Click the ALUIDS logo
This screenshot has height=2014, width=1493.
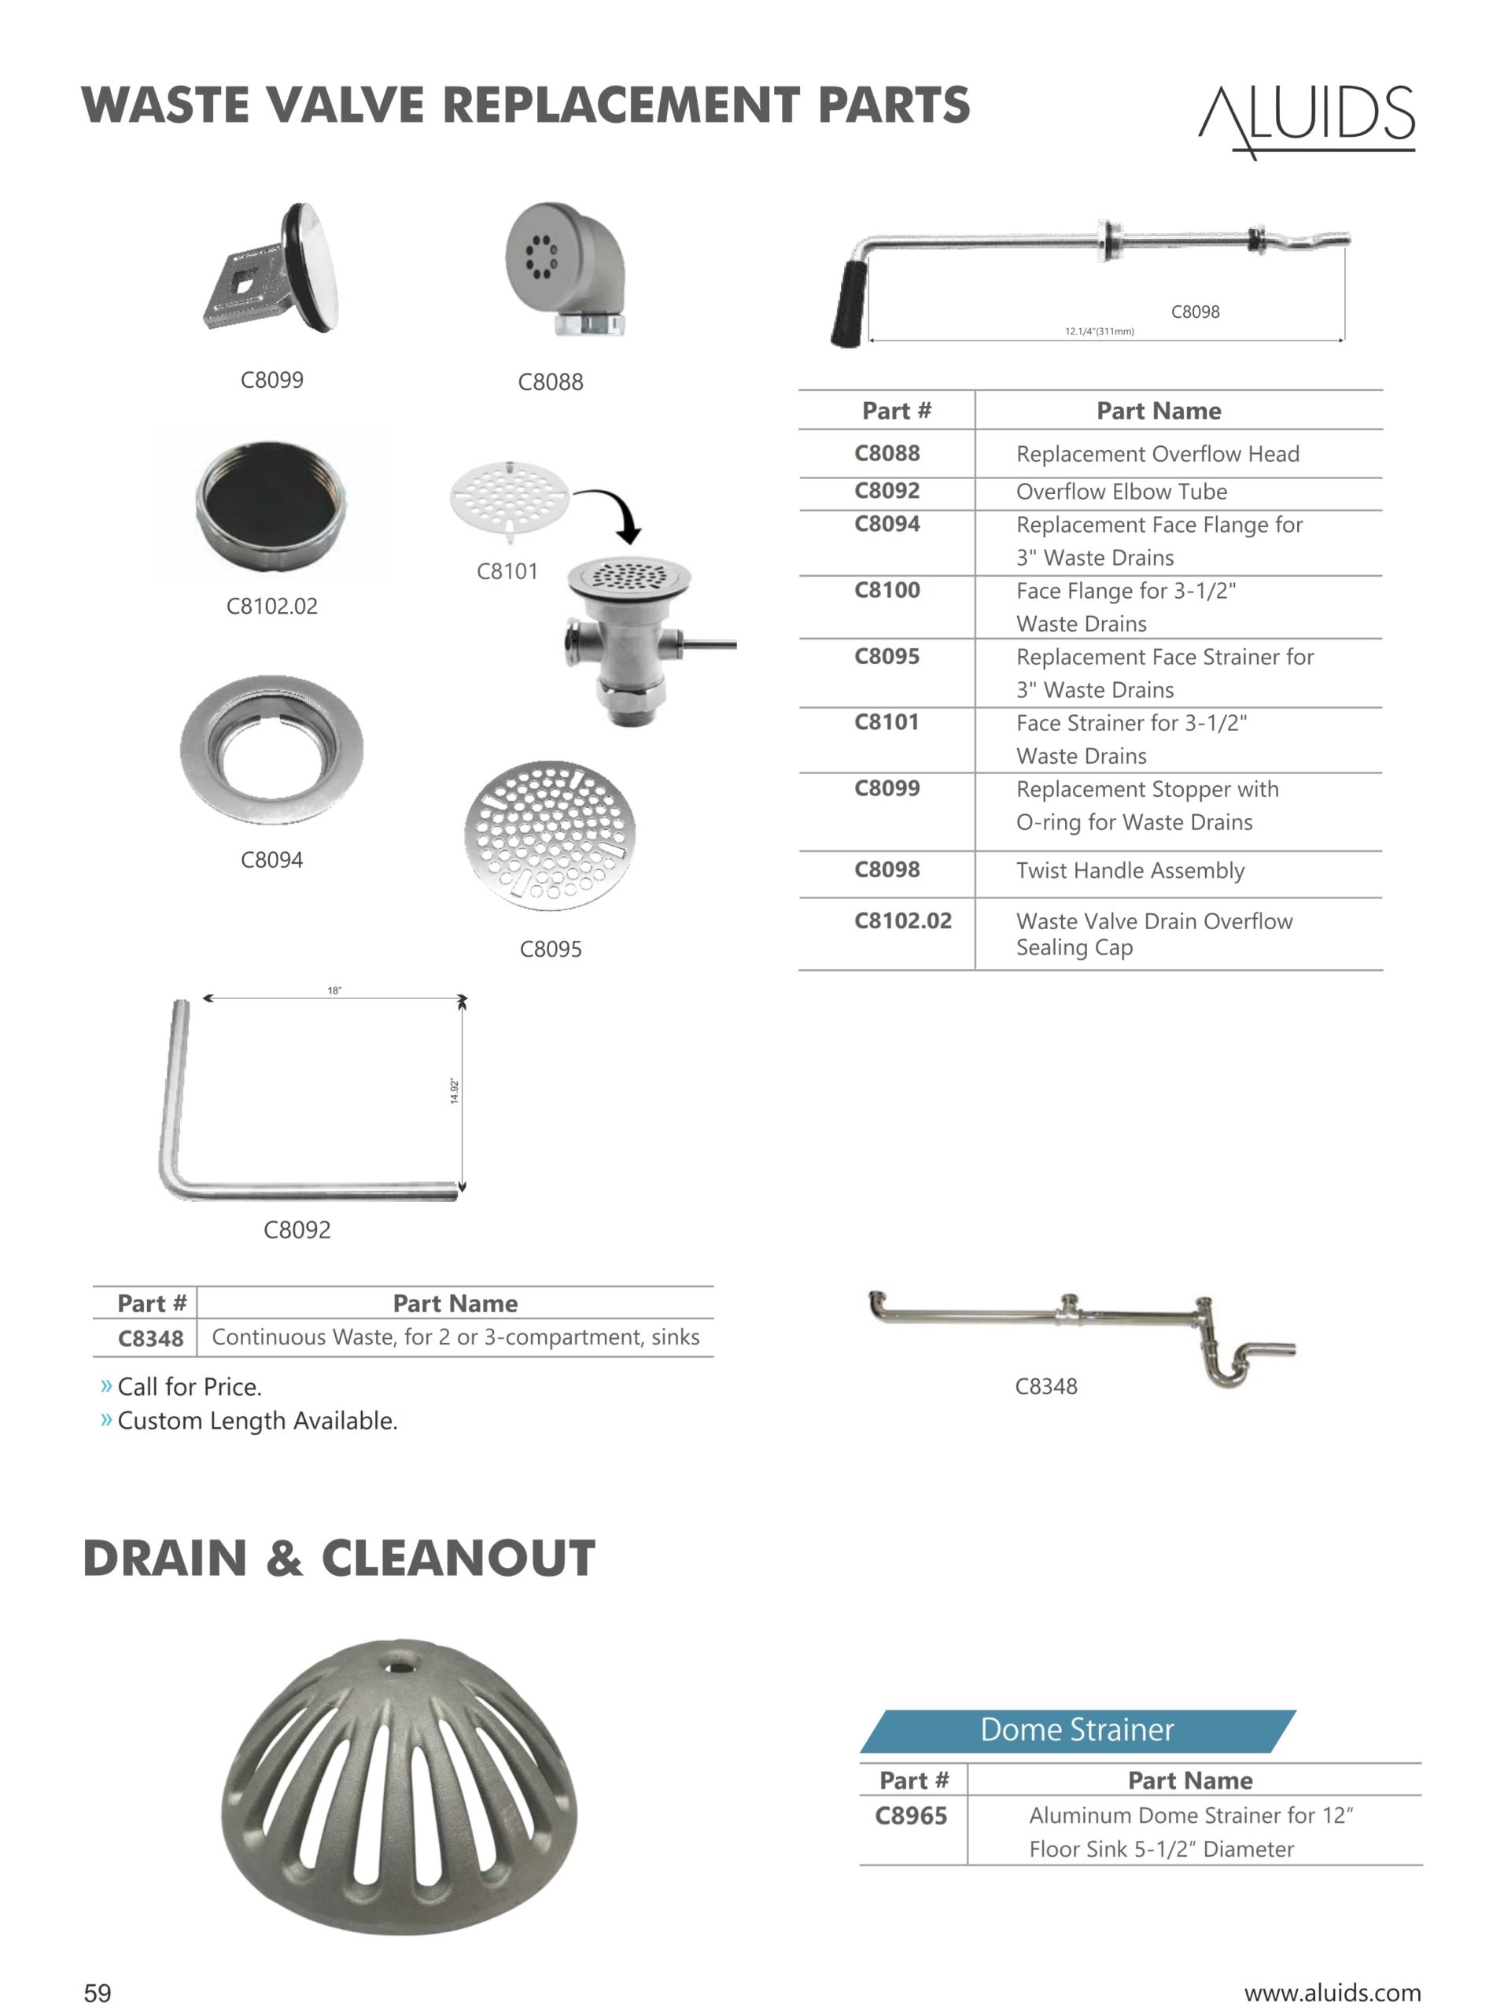[1307, 120]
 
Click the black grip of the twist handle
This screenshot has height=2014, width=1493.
[850, 304]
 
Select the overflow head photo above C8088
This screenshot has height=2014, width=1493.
[565, 269]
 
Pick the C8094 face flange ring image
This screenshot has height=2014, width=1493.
[272, 748]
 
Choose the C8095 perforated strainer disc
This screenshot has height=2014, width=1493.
[550, 835]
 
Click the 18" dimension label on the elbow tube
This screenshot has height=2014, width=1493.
[334, 990]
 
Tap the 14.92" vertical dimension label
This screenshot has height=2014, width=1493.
[455, 1091]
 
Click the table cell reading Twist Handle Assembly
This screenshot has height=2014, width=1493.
[1130, 870]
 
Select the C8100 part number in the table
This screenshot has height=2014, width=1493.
[887, 590]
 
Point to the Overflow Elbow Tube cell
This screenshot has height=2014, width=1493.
[1122, 492]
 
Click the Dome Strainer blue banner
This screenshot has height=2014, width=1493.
[1078, 1729]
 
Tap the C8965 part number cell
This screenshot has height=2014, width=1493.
[911, 1815]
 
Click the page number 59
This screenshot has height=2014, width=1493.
[98, 1992]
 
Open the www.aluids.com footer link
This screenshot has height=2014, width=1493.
[1332, 1992]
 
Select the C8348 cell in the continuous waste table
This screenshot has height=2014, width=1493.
[150, 1338]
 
